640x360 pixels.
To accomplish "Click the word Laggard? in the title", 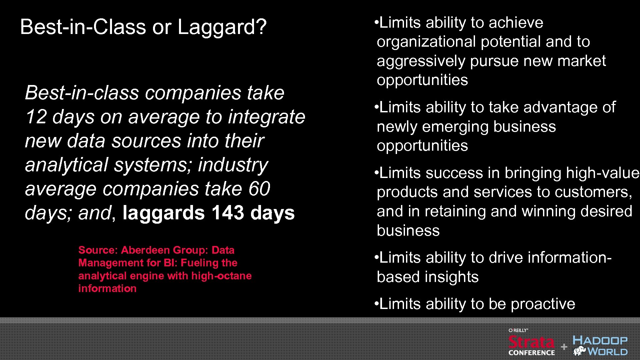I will pos(222,27).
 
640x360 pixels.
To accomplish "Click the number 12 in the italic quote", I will pos(36,117).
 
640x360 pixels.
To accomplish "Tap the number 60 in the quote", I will pos(259,189).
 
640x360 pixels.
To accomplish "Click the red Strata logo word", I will pos(531,342).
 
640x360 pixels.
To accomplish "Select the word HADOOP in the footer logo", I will pos(600,340).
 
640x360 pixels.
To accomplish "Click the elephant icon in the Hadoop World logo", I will pos(580,351).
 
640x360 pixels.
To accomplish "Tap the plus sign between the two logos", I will pos(564,347).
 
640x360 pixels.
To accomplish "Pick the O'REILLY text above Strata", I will pos(518,330).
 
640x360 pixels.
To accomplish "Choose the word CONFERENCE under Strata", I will pos(532,353).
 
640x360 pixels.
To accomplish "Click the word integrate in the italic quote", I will pos(266,117).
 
